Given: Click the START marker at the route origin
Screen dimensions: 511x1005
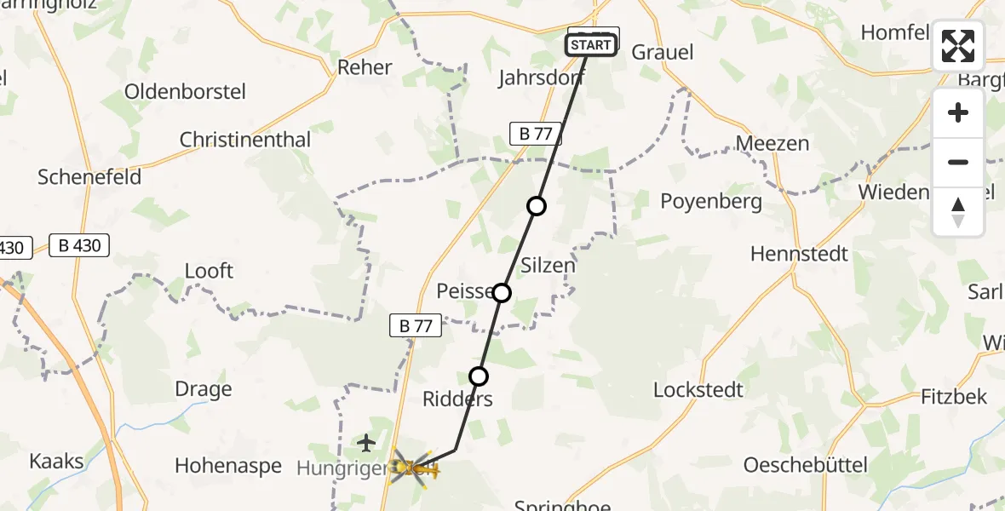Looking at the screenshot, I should coord(591,45).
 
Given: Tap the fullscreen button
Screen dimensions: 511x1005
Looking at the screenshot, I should coord(958,46).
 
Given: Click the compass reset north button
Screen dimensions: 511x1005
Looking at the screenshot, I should coord(958,212).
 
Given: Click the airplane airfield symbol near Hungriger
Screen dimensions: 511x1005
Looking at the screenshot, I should coord(366,443).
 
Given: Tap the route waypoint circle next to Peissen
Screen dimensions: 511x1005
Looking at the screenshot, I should coord(502,293).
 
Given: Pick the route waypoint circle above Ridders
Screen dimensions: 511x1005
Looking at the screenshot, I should coord(479,376).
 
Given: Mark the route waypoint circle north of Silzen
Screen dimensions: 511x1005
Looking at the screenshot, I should coord(536,205).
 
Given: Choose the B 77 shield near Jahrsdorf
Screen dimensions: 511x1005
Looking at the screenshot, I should coord(535,133).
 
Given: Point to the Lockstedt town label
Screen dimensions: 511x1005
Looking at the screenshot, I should coord(698,390).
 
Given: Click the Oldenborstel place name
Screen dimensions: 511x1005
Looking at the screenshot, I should coord(185,91).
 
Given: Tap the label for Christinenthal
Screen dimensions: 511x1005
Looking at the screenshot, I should coord(244,140).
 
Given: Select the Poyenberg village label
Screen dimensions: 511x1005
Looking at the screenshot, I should coord(711,201).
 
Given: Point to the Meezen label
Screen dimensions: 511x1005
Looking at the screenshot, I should coord(772,143).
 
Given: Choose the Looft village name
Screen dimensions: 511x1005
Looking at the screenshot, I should coord(209,271).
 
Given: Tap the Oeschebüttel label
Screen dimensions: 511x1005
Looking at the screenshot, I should coord(805,465).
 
